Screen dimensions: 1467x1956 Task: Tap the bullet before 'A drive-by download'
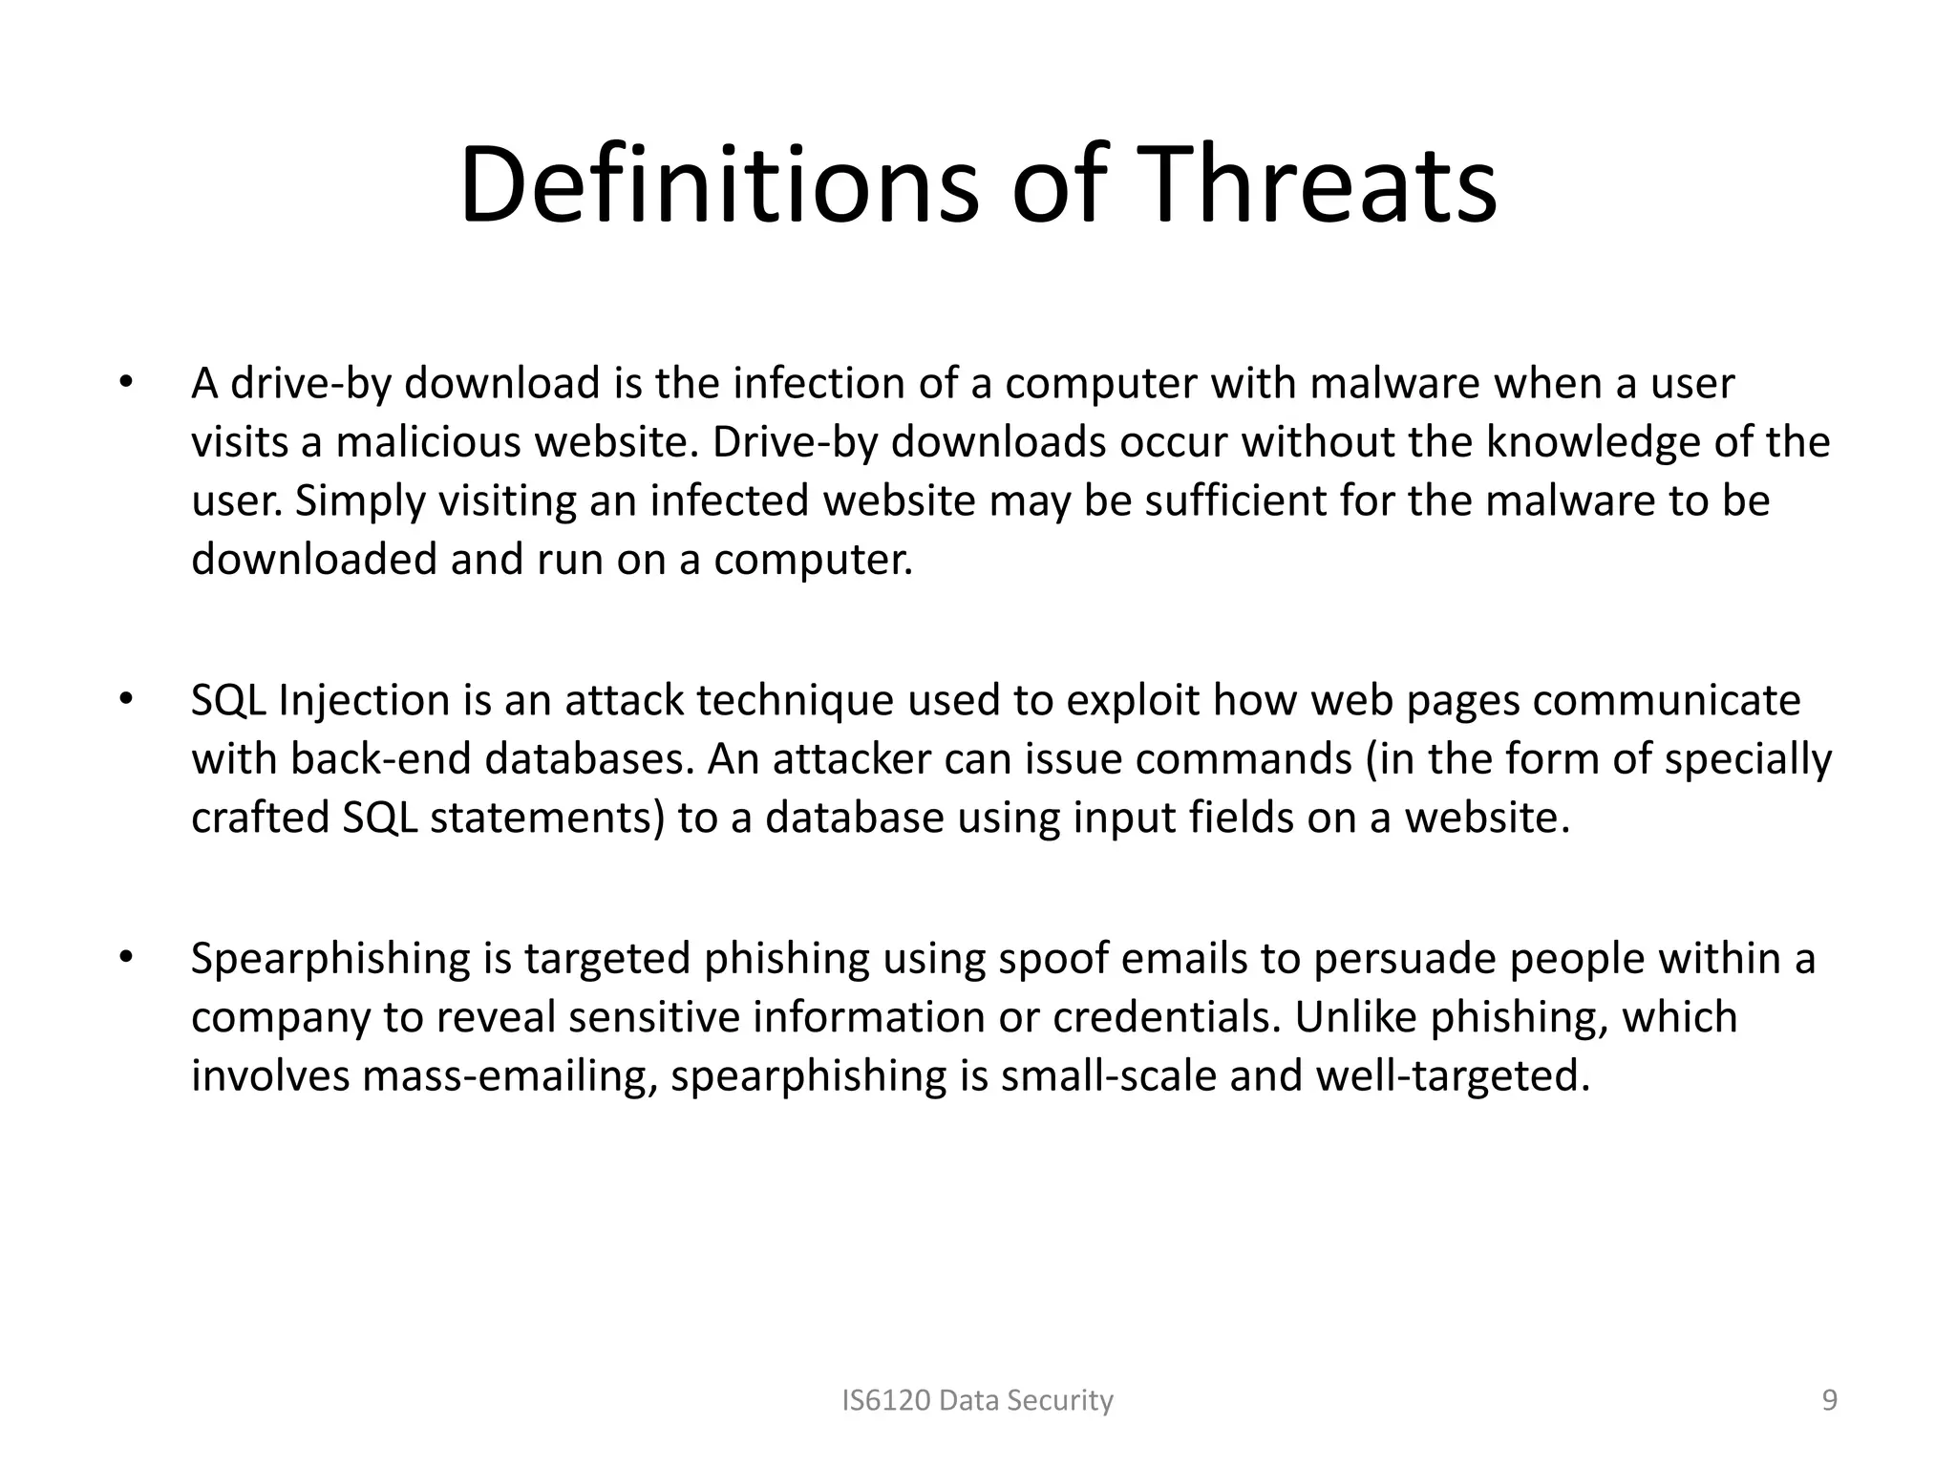[x=124, y=384]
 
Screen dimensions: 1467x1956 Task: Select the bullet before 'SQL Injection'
[x=124, y=700]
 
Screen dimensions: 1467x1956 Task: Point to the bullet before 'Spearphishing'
[x=124, y=958]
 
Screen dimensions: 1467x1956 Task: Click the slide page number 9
[x=1829, y=1400]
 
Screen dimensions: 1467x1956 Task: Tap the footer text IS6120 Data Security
[x=977, y=1400]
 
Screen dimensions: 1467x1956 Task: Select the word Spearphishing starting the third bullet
[x=330, y=960]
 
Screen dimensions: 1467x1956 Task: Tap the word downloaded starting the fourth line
[x=314, y=560]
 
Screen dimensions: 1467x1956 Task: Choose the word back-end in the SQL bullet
[x=381, y=760]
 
